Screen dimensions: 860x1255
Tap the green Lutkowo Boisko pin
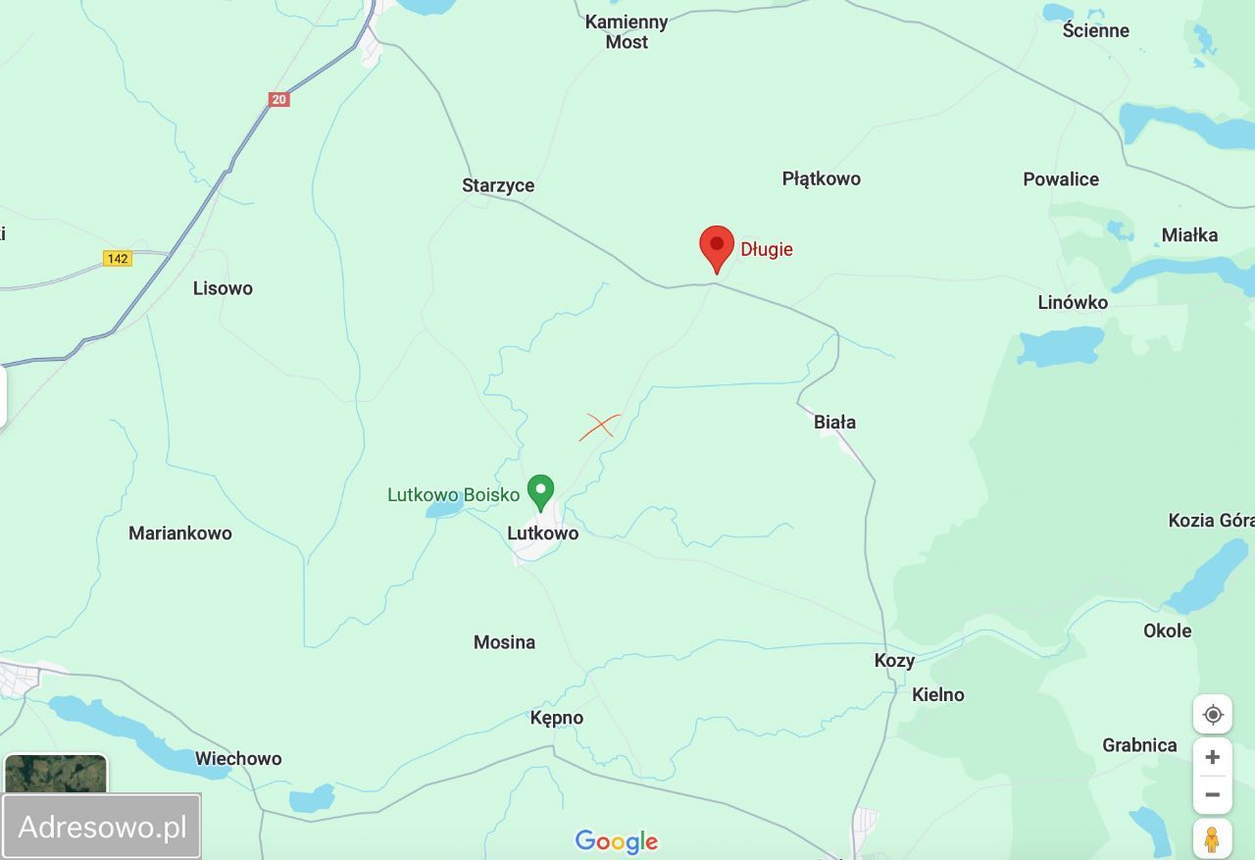coord(540,490)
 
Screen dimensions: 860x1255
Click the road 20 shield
coord(279,99)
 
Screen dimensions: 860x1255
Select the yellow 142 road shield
coord(118,259)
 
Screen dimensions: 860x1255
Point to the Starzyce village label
coord(498,185)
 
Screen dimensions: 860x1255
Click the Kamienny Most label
coord(627,31)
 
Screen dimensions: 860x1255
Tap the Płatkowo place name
coord(822,178)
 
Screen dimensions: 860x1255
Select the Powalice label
coord(1061,179)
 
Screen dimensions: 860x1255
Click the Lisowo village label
coord(223,288)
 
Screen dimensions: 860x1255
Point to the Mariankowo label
coord(180,533)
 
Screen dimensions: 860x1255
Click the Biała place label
coord(835,423)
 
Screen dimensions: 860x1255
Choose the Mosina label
coord(504,642)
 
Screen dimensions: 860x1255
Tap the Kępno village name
coord(557,718)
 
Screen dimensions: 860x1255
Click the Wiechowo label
coord(238,758)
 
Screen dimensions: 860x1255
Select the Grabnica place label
coord(1139,745)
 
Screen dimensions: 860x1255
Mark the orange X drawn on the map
coord(599,427)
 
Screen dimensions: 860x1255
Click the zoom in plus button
coord(1213,757)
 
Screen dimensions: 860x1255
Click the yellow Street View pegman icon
coord(1212,839)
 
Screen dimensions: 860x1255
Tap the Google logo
coord(616,841)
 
